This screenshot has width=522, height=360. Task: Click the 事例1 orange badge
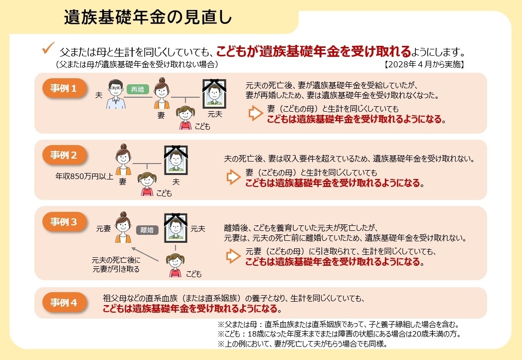(x=64, y=88)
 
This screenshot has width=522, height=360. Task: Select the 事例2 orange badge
(x=64, y=155)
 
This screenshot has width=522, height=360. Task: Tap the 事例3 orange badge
(x=64, y=221)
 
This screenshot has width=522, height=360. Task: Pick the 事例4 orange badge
(x=64, y=302)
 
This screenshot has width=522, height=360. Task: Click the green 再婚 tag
(x=138, y=89)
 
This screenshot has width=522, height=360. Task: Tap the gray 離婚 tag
(x=147, y=230)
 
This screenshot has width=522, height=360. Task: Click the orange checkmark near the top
(x=48, y=48)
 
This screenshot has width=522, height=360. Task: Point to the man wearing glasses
(x=116, y=94)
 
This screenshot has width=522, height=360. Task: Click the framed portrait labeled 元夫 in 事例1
(x=214, y=94)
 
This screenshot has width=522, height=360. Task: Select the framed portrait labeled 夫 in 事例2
(x=176, y=160)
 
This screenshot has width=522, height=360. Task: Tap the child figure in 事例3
(x=175, y=265)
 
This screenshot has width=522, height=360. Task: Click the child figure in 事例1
(x=185, y=118)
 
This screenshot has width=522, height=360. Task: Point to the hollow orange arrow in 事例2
(x=233, y=177)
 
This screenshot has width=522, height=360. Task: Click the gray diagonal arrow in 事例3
(x=145, y=254)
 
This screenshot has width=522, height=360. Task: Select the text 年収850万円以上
(x=85, y=176)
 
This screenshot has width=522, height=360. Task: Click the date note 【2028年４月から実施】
(x=424, y=64)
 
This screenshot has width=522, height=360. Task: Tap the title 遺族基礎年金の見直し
(x=148, y=17)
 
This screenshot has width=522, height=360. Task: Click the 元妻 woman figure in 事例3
(x=123, y=227)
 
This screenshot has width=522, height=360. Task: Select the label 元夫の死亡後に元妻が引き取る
(x=116, y=264)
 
